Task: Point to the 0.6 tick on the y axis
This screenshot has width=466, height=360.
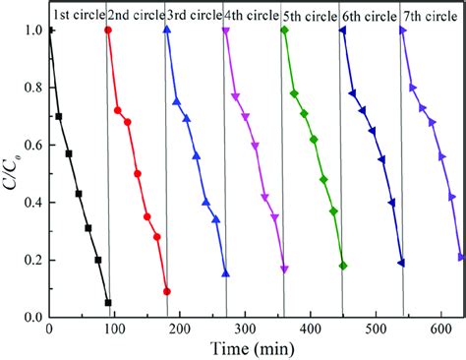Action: click(31, 146)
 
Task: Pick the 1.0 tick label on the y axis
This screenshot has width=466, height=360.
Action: click(31, 30)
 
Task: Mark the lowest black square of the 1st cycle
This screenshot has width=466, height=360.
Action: click(108, 303)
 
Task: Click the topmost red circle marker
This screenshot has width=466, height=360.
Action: click(108, 30)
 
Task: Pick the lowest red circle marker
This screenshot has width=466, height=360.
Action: click(167, 291)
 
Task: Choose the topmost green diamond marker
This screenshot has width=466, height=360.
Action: click(284, 30)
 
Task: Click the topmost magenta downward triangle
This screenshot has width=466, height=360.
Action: click(226, 31)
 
